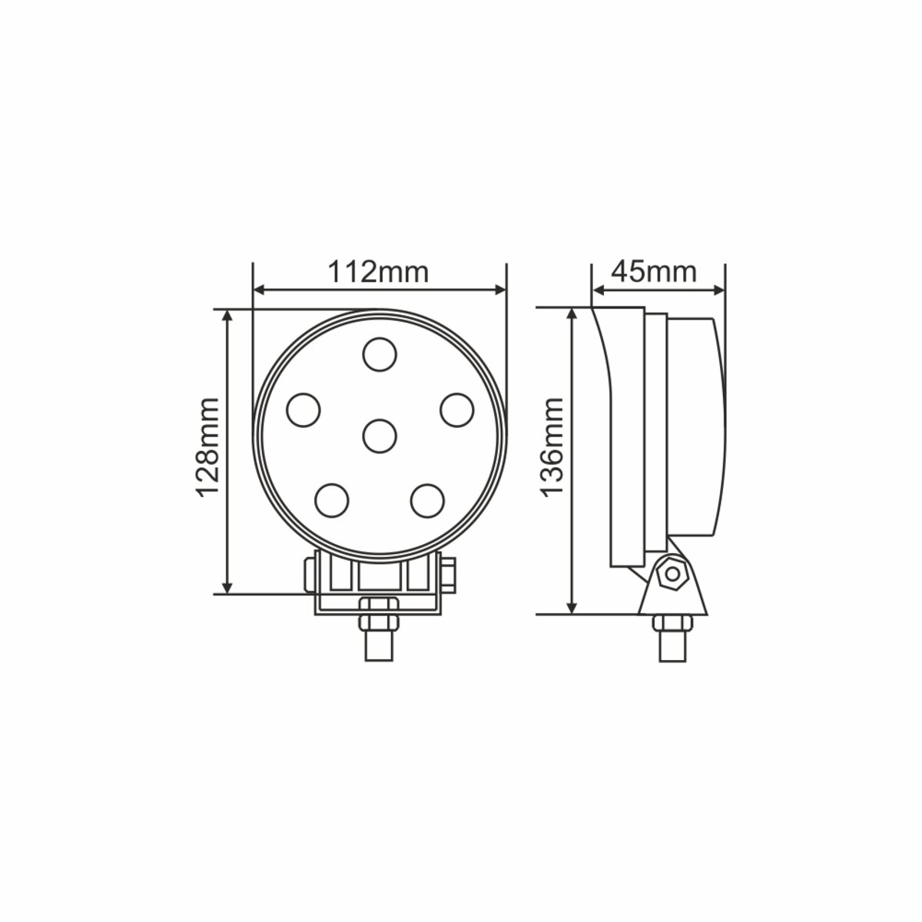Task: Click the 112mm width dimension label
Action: pos(378,272)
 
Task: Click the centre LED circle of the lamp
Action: pos(379,436)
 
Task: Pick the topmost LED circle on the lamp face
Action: pos(380,354)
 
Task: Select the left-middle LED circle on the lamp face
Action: pos(303,409)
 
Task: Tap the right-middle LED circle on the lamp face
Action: pos(456,409)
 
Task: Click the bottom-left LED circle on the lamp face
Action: pos(331,500)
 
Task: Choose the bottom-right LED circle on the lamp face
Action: pos(427,500)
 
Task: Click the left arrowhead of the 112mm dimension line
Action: pos(259,290)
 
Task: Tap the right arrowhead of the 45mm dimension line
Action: pos(719,290)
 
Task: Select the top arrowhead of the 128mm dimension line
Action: pos(227,317)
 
